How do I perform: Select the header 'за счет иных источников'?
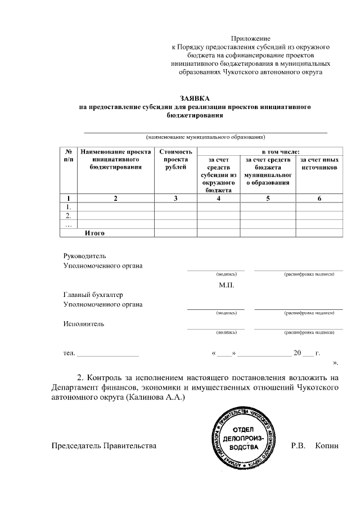(x=319, y=164)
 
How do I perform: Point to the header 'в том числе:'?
(x=280, y=151)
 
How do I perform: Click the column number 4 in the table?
(x=218, y=198)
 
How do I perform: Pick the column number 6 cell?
(x=319, y=198)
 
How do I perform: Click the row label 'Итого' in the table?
(x=95, y=232)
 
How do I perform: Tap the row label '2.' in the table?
(x=68, y=215)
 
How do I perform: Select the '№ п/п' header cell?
(x=68, y=155)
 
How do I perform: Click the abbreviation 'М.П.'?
(x=227, y=285)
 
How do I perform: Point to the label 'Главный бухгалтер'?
(x=93, y=295)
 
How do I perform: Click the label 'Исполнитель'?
(x=84, y=323)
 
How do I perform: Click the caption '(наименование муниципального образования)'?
(x=205, y=137)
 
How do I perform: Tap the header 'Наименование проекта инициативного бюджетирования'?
(x=116, y=159)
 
